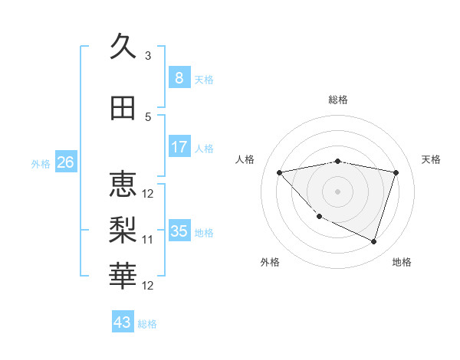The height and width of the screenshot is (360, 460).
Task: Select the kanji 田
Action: tap(123, 108)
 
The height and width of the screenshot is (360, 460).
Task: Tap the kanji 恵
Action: tap(123, 184)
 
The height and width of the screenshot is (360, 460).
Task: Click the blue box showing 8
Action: tap(179, 78)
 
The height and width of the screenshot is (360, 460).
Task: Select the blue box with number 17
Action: tap(179, 147)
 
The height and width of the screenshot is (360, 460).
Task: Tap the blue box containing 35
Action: tap(179, 231)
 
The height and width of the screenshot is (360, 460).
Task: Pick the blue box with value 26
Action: tap(65, 162)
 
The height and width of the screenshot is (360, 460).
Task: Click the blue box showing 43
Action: tap(122, 322)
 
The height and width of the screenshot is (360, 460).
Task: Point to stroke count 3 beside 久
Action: tap(148, 56)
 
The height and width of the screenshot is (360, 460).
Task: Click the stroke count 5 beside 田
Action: tap(148, 116)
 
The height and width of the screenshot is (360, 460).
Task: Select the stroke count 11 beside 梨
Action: tap(148, 240)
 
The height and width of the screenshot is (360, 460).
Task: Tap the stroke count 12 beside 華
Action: tap(148, 286)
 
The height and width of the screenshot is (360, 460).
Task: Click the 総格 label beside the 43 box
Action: tap(148, 324)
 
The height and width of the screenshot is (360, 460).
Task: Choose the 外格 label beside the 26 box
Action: tap(41, 163)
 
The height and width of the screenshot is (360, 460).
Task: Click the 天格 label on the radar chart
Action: tap(432, 159)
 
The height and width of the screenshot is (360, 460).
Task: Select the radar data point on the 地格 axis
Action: tap(373, 242)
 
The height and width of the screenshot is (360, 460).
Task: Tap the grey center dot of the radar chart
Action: tap(337, 191)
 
